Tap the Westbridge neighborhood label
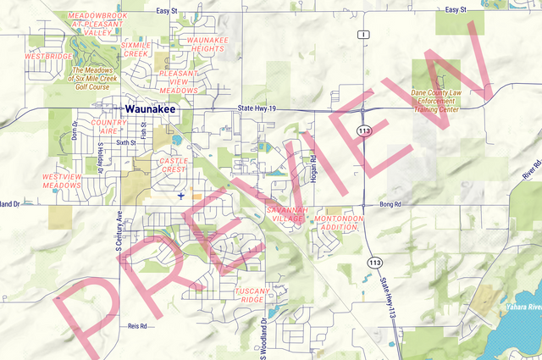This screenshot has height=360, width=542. pyautogui.click(x=48, y=57)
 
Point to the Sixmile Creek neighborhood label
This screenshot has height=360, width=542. pyautogui.click(x=135, y=49)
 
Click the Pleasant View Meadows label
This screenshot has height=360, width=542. pyautogui.click(x=179, y=81)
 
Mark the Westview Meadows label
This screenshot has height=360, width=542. pyautogui.click(x=61, y=180)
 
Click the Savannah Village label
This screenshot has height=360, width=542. pyautogui.click(x=285, y=213)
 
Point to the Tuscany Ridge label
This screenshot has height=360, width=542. pyautogui.click(x=252, y=295)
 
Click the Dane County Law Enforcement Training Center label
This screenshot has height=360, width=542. pyautogui.click(x=435, y=101)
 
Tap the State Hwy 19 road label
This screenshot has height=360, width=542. pyautogui.click(x=257, y=108)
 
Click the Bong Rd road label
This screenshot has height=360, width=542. pyautogui.click(x=389, y=204)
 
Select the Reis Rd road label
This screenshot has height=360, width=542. pyautogui.click(x=136, y=325)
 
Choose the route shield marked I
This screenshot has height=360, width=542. pyautogui.click(x=362, y=35)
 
